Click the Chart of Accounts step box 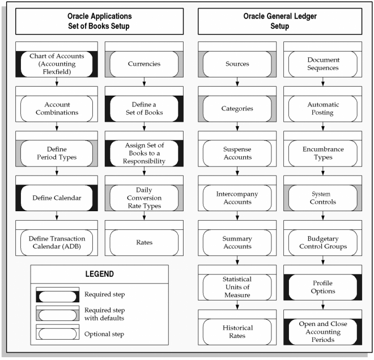pos(57,59)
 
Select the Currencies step pos(144,59)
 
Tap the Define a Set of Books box pos(144,104)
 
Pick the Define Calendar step pos(57,194)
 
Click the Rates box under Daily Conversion pos(144,238)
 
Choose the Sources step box pos(237,59)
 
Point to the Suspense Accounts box pos(237,149)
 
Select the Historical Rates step pos(237,327)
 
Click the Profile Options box pos(323,282)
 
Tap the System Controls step pos(323,194)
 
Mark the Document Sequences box pos(323,59)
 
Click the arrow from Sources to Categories pos(237,82)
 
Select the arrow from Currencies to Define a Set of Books pos(144,82)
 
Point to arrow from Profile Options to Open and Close pos(323,305)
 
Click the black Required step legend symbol pos(57,295)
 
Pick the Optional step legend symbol pos(57,332)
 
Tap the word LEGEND pos(100,274)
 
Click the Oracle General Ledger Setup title pos(280,21)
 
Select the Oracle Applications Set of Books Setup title pos(100,21)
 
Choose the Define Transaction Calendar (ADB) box pos(57,238)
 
